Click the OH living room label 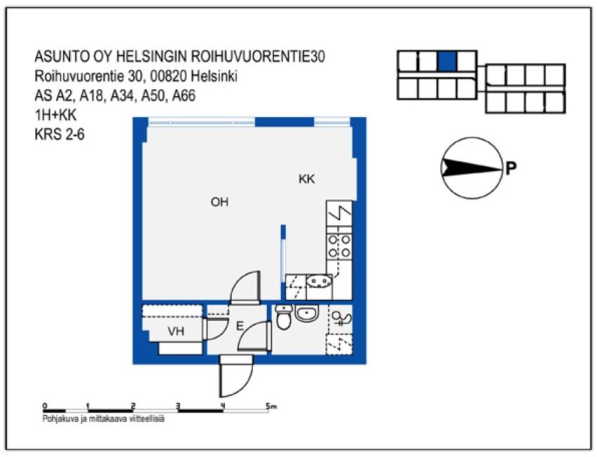click(220, 203)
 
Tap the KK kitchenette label click(306, 180)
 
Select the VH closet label click(176, 331)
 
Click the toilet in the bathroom click(284, 319)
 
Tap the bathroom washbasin click(308, 314)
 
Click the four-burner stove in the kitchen click(339, 246)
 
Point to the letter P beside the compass click(511, 168)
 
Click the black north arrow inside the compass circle click(470, 167)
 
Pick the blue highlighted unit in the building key click(447, 62)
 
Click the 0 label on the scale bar click(44, 406)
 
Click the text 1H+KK click(55, 117)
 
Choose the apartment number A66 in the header click(180, 97)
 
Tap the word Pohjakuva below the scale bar click(60, 420)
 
